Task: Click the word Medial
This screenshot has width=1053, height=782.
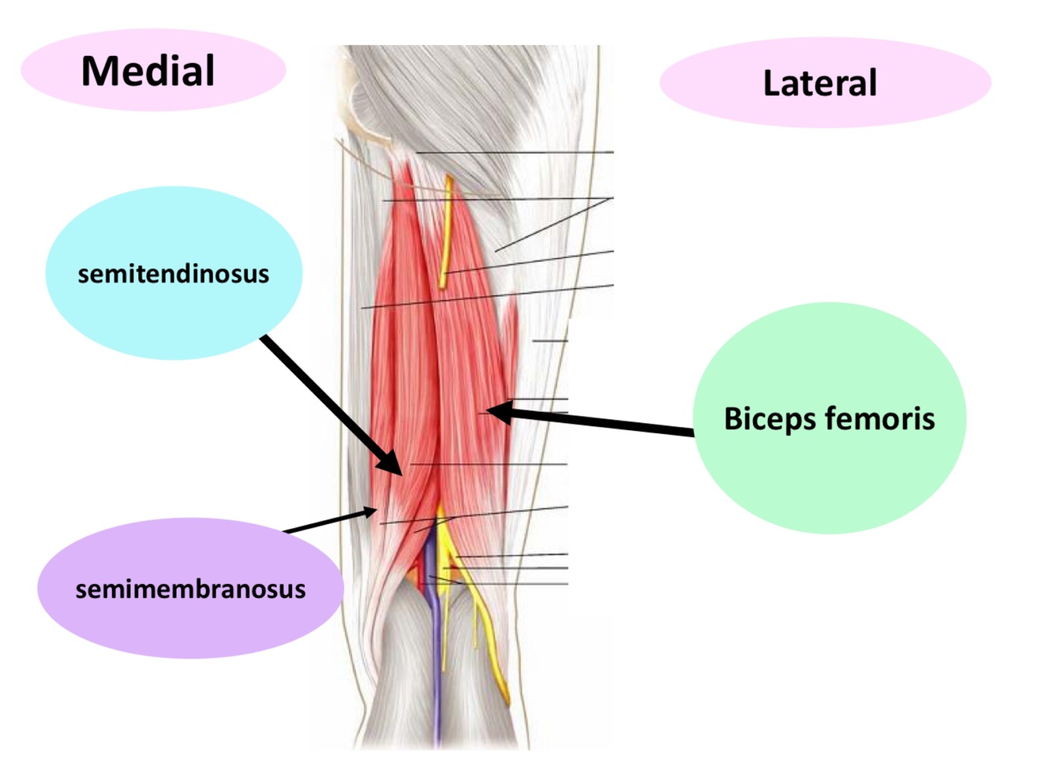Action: pos(148,71)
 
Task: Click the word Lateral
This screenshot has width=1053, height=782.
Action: pos(819,83)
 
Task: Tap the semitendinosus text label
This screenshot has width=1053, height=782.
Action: pos(173,274)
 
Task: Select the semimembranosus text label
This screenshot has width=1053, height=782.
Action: pos(190,589)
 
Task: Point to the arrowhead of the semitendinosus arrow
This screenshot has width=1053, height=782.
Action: pos(394,465)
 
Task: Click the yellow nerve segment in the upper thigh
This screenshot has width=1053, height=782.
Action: pos(447,229)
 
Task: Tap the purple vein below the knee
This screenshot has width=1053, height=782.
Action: pos(436,671)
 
